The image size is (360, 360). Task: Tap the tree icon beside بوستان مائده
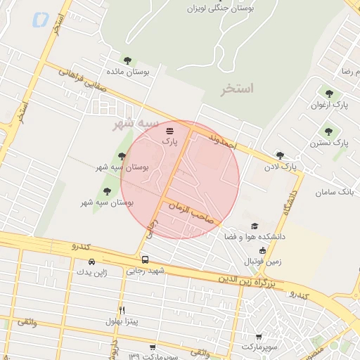(127, 60)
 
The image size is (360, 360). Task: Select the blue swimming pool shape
(40, 20)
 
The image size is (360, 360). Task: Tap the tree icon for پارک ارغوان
(328, 93)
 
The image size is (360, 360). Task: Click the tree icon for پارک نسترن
(328, 131)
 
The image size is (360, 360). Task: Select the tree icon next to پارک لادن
(280, 155)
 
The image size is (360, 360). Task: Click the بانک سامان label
(333, 192)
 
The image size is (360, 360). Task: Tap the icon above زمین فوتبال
(262, 250)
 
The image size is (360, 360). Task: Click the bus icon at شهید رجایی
(145, 259)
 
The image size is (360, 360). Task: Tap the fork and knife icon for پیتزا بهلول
(122, 310)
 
